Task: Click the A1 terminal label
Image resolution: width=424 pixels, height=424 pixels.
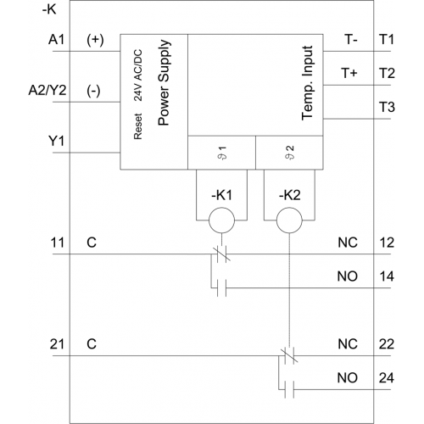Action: (57, 40)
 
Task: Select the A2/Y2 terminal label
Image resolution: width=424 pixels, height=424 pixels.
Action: (47, 91)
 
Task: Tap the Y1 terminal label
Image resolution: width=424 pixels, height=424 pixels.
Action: (57, 141)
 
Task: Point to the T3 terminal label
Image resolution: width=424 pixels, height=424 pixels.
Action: (387, 107)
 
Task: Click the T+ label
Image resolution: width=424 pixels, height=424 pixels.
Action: (349, 73)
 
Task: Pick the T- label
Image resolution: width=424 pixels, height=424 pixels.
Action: (351, 40)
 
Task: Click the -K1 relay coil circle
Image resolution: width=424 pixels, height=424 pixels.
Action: (221, 220)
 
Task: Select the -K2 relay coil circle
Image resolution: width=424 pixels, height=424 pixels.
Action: (289, 220)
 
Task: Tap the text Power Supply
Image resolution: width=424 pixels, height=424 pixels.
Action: (165, 82)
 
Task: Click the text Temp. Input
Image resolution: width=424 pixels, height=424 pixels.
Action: (308, 83)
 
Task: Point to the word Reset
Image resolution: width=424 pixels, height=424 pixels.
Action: (137, 126)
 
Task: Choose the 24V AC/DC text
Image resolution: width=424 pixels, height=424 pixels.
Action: (137, 75)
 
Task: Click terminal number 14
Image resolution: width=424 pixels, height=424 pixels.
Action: (387, 276)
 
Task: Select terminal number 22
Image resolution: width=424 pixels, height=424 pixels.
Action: (387, 344)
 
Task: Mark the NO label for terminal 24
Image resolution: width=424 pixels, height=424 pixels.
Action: (348, 378)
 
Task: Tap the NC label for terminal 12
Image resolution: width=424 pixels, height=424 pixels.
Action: (348, 243)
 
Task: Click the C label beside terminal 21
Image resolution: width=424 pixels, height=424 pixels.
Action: (92, 344)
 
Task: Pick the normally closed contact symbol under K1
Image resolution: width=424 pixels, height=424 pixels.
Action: (221, 254)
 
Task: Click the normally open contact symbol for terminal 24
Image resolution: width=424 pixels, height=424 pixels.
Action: (289, 389)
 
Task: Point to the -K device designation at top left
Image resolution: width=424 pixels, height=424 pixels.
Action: (49, 10)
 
